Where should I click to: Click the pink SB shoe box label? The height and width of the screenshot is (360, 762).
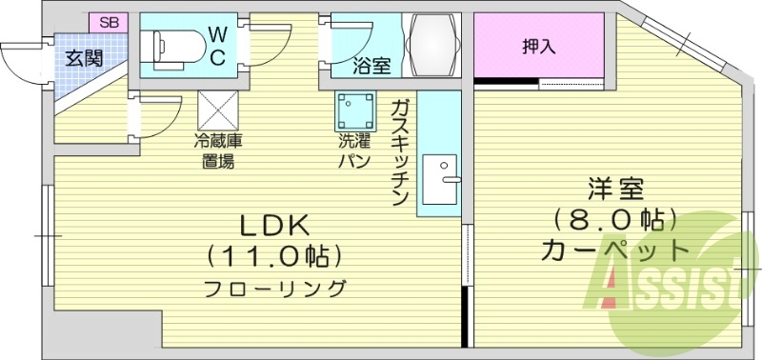tap(108, 21)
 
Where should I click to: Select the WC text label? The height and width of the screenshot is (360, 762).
tap(217, 45)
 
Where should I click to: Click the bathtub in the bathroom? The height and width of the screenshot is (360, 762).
tap(432, 44)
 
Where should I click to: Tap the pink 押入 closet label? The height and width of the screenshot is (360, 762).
tap(538, 45)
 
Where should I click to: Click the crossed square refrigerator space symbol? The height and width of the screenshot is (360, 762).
tap(217, 110)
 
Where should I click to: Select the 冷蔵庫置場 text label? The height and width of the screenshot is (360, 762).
tap(218, 151)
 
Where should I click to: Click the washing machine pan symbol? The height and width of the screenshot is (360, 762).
tap(355, 111)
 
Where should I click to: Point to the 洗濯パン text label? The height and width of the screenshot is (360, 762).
tap(354, 151)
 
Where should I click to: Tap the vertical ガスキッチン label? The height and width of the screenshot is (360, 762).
tap(399, 150)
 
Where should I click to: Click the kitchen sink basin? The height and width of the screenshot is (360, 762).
tap(441, 178)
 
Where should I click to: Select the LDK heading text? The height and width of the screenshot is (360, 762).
tap(273, 226)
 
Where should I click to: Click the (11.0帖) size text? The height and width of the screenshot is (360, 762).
tap(273, 256)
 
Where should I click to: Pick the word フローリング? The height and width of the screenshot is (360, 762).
tap(273, 288)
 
